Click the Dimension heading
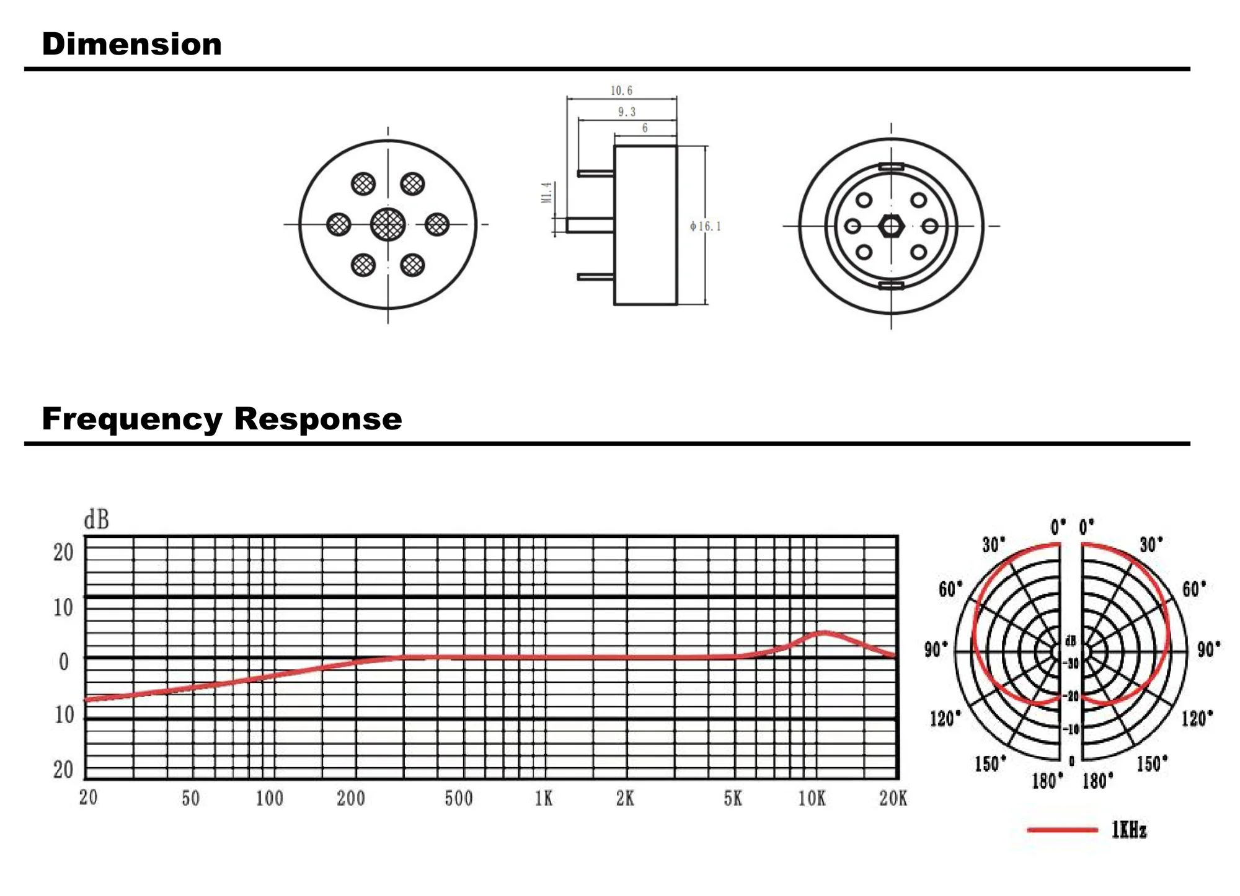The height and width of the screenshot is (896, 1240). (x=131, y=45)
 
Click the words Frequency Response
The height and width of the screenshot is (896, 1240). (x=221, y=419)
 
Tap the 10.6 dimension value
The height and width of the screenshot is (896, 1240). (x=621, y=91)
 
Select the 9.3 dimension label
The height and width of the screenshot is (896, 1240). (x=627, y=112)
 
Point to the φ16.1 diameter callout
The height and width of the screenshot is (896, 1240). (x=706, y=226)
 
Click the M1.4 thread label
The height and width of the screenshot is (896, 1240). (x=546, y=193)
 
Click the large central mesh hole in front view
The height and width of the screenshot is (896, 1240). (x=388, y=224)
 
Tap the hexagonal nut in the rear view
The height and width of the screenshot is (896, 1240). (x=891, y=226)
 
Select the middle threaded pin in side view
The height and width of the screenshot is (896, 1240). (x=590, y=225)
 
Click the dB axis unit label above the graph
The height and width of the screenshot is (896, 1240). (x=96, y=519)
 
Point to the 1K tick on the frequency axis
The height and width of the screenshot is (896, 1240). (x=544, y=799)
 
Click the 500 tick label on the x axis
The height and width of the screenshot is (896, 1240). (x=459, y=799)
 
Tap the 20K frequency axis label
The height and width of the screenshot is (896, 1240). (x=893, y=799)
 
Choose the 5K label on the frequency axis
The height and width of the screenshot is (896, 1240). (x=733, y=799)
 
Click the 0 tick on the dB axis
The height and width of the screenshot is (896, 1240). (x=64, y=662)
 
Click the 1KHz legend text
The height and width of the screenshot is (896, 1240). (x=1129, y=830)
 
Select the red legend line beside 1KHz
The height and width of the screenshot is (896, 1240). (x=1062, y=829)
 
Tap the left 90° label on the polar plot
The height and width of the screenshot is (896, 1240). (x=936, y=649)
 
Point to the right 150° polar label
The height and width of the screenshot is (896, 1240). (x=1152, y=763)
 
